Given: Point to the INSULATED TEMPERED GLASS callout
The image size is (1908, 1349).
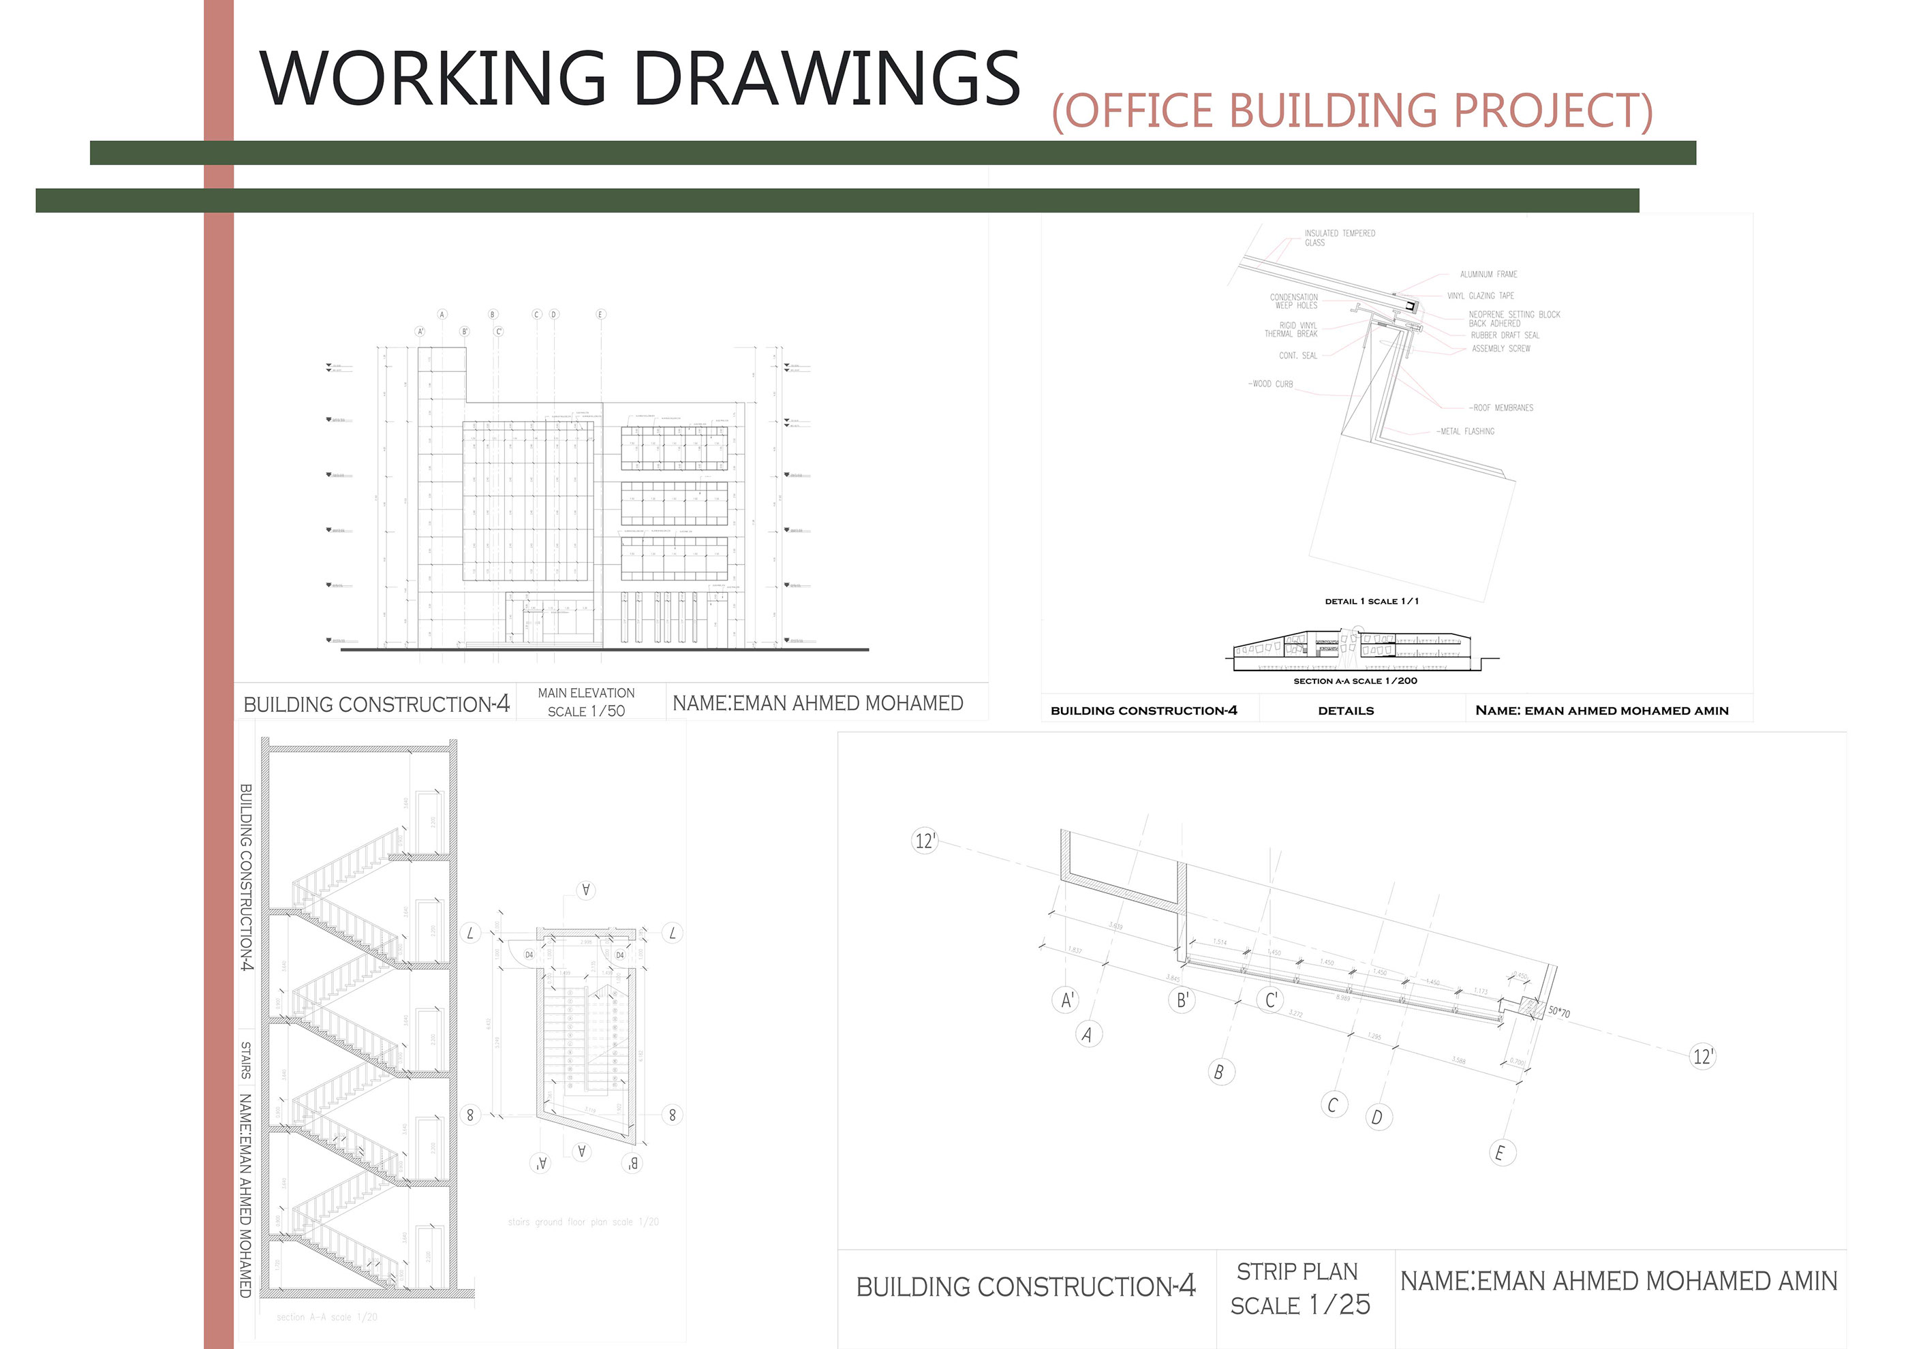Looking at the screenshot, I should pos(1339,238).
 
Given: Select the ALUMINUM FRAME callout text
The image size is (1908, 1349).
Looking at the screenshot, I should pos(1488,274).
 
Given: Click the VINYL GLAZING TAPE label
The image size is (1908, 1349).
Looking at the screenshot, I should pos(1480,296).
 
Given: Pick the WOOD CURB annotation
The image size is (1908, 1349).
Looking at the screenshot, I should pos(1271,384).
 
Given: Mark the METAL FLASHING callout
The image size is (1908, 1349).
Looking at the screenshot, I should pos(1466,431).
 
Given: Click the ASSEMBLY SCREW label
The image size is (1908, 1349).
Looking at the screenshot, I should pos(1501,349).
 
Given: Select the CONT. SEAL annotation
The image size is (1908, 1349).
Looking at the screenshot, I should pos(1297,356).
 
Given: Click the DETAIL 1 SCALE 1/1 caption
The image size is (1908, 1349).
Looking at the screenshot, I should pos(1371,602).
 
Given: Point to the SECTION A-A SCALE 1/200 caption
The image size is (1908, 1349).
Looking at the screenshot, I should pos(1355,681).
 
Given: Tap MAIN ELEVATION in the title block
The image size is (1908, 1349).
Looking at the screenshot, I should pos(586,693).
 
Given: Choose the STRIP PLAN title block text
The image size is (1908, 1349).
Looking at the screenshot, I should pos(1296,1272).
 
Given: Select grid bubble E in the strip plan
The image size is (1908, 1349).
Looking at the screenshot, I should pos(1500,1153).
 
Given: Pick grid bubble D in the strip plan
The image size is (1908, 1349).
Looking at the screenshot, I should pos(1377,1117).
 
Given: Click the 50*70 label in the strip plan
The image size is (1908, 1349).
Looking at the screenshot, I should pos(1559,1012).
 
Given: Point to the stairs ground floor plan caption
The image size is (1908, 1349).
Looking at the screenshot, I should pos(583,1222).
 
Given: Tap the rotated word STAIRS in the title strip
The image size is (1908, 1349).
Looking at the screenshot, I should pos(246,1060).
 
